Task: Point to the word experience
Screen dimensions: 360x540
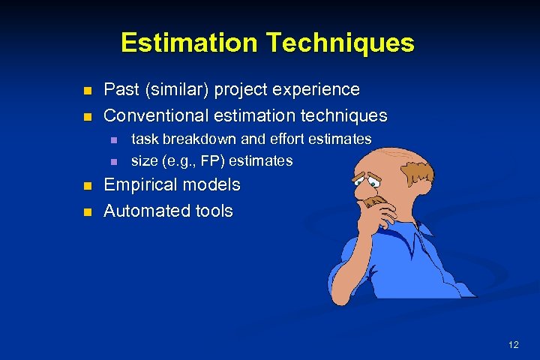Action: [315, 90]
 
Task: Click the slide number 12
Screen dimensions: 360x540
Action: [513, 345]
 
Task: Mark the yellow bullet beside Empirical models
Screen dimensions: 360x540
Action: [87, 186]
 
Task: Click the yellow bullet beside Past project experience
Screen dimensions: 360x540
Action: [87, 91]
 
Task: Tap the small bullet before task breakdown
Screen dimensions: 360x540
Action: [114, 140]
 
